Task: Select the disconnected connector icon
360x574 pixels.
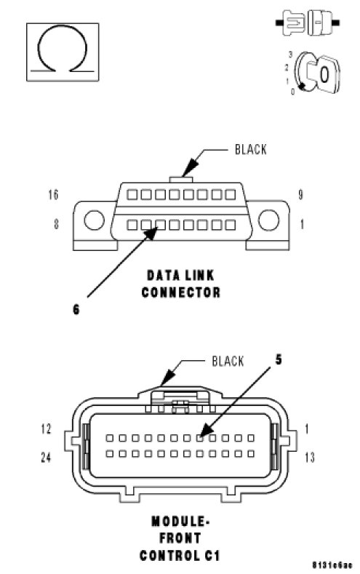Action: pyautogui.click(x=308, y=23)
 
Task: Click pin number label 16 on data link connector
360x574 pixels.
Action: pyautogui.click(x=53, y=194)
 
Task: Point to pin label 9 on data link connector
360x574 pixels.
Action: pyautogui.click(x=300, y=194)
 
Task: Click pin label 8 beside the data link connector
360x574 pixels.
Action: pyautogui.click(x=56, y=223)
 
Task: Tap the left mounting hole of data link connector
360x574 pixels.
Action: pyautogui.click(x=94, y=220)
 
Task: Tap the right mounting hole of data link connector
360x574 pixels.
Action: pyautogui.click(x=268, y=220)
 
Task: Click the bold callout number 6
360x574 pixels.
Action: pyautogui.click(x=76, y=309)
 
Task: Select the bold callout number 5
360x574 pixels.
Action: pyautogui.click(x=279, y=359)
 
